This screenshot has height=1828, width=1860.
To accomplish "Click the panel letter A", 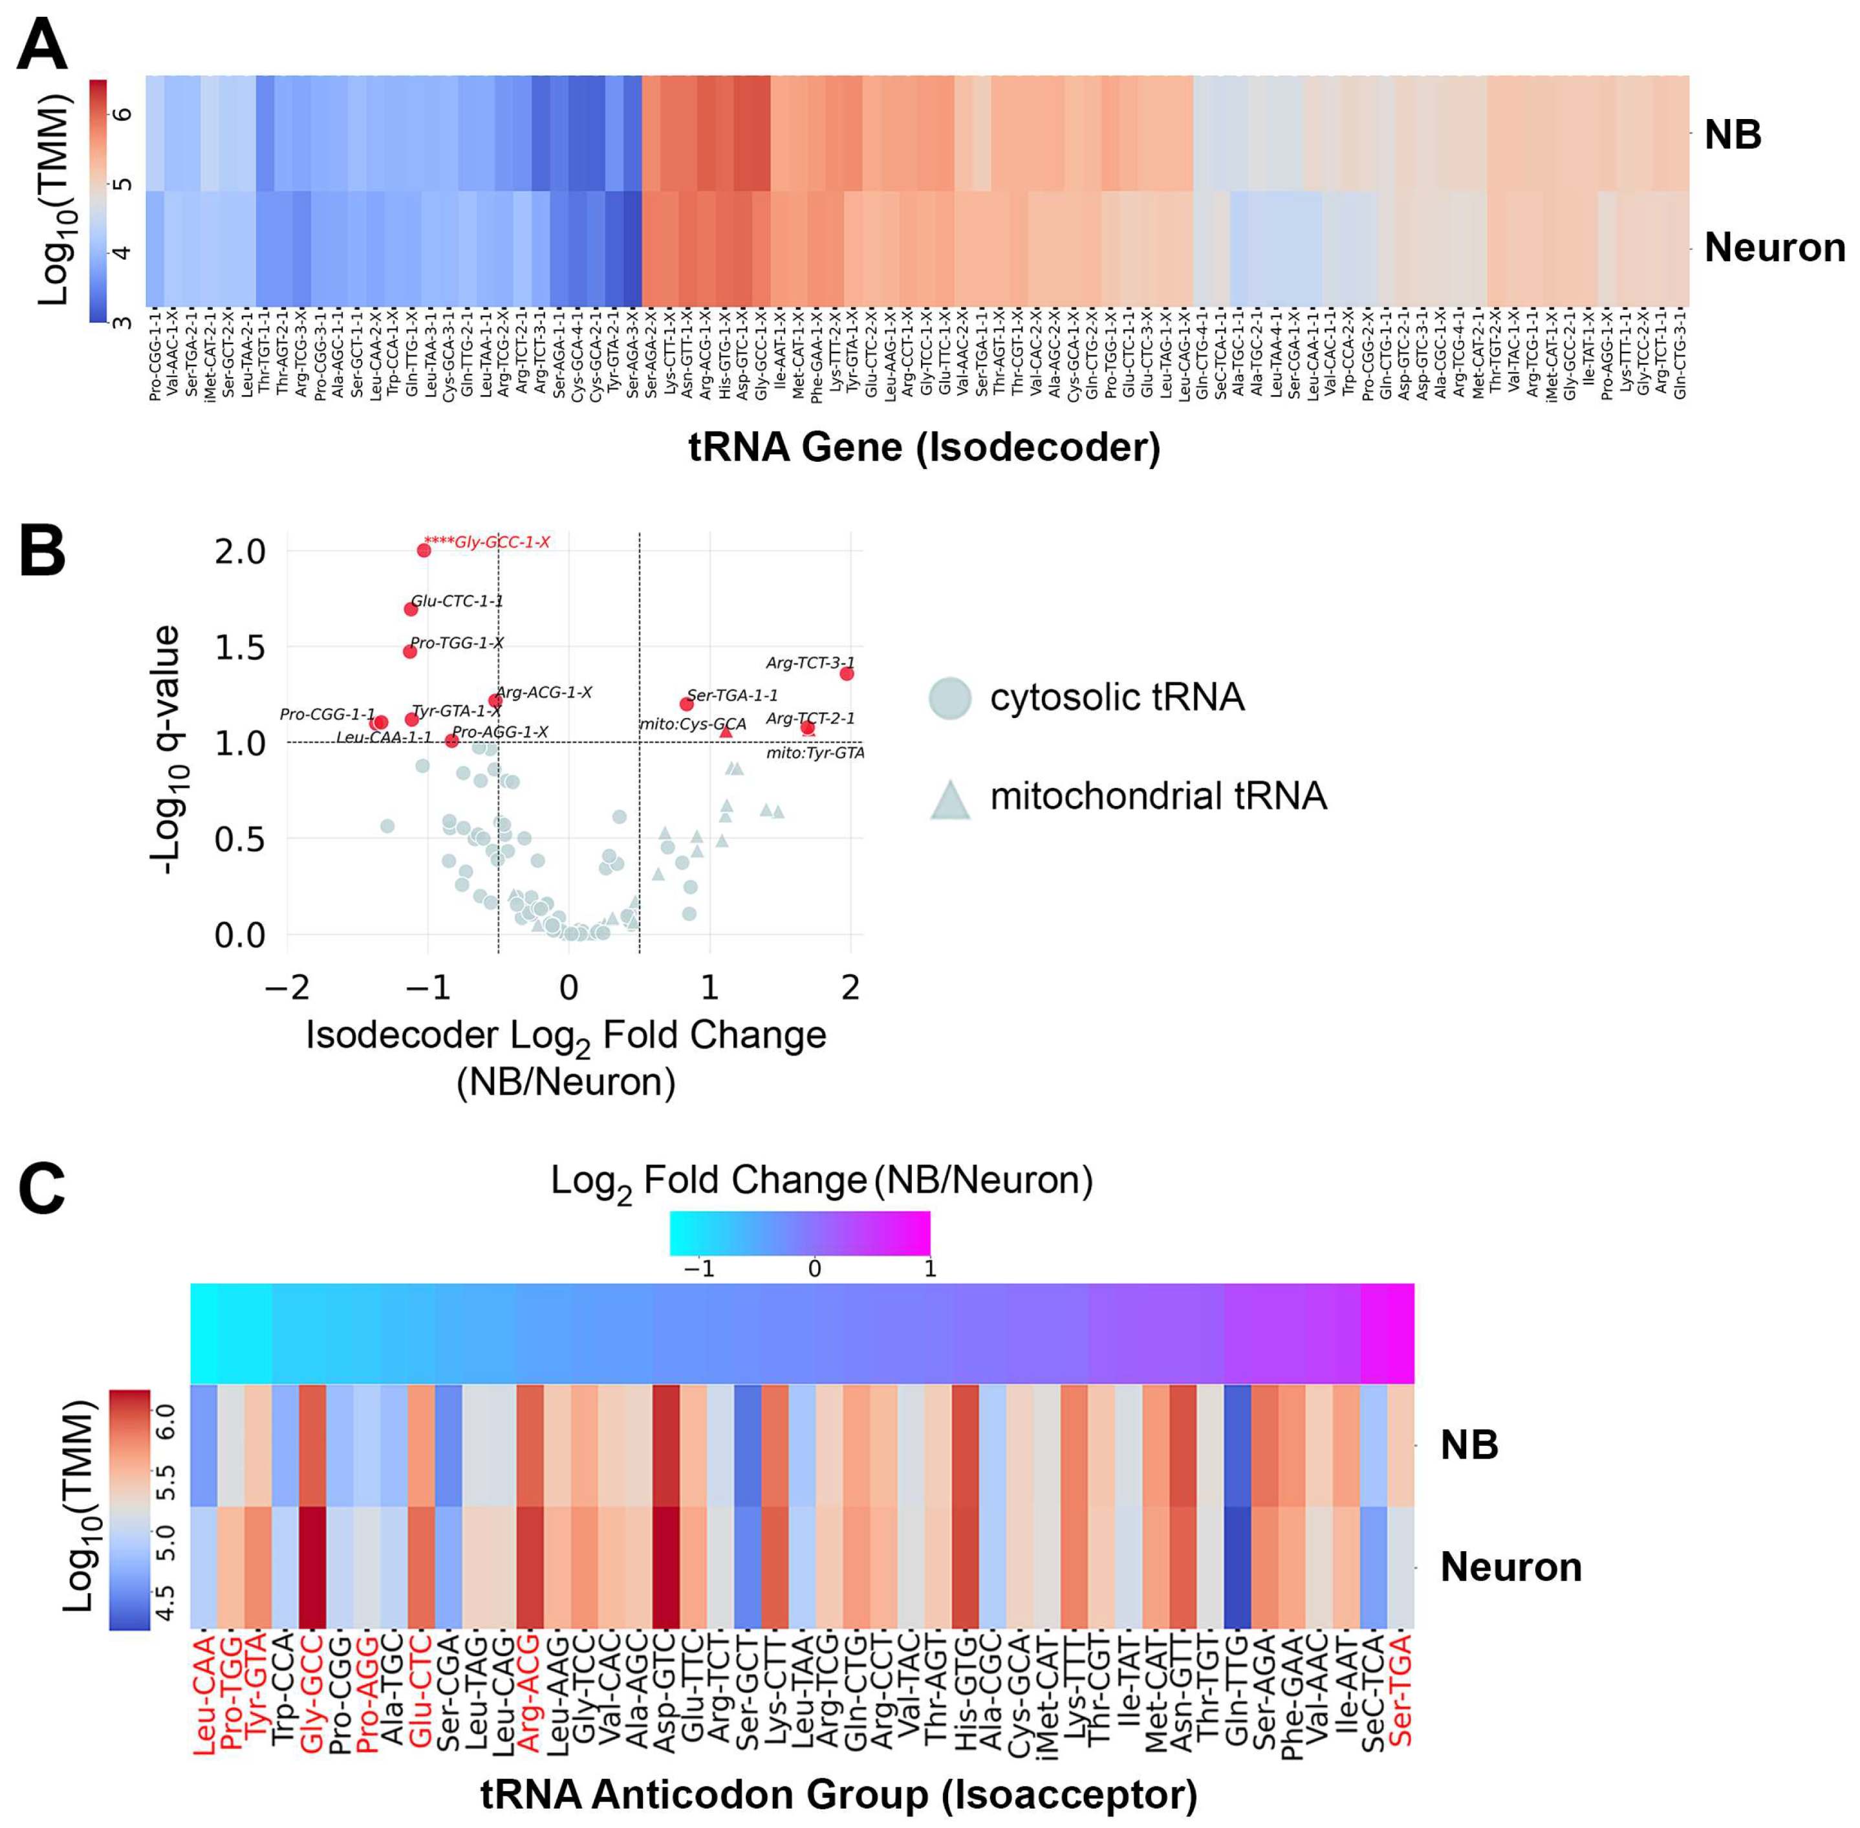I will [42, 45].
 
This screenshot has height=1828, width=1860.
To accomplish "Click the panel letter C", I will [42, 1188].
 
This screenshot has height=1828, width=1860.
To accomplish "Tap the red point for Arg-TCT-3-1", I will [847, 674].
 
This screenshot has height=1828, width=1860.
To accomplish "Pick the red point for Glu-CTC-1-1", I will [411, 609].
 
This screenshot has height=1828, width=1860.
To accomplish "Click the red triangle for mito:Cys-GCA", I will [726, 732].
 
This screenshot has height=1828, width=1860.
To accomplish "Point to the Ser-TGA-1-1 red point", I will [686, 704].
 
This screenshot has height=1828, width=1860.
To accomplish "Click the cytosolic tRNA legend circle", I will [950, 698].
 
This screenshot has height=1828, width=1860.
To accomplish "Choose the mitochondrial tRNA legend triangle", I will [950, 800].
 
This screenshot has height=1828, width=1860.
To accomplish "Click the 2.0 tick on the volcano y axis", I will [240, 551].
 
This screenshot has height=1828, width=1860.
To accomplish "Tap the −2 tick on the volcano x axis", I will [287, 986].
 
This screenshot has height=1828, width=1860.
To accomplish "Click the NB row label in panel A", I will [1733, 135].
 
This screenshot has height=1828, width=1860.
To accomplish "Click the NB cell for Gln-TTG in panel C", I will [1237, 1445].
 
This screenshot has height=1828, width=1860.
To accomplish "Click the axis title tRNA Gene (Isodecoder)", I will [924, 448].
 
